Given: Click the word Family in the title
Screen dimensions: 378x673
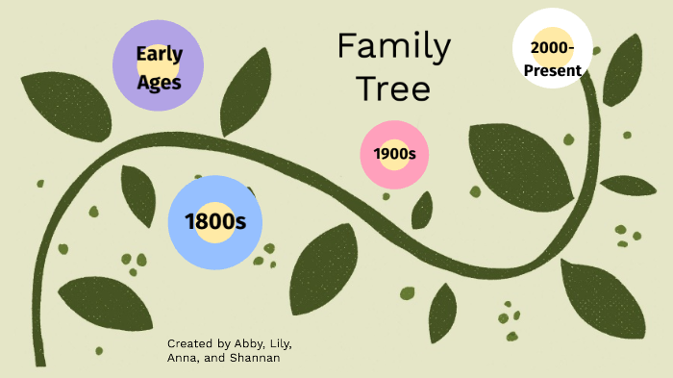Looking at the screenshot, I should tap(393, 46).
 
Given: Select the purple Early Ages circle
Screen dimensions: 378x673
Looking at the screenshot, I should tap(158, 65).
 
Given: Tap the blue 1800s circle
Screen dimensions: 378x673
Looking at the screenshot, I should tap(215, 222).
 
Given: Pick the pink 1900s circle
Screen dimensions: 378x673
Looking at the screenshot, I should tap(393, 154).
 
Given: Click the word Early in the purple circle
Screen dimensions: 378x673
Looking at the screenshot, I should tap(159, 54).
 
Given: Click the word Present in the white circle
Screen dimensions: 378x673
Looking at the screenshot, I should tap(552, 70).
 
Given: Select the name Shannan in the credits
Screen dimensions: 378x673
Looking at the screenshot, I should tap(256, 359).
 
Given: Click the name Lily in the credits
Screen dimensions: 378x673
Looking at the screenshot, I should tap(281, 343).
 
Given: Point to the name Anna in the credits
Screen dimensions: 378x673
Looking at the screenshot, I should tap(182, 359).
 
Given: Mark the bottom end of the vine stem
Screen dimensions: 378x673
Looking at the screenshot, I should tap(39, 362).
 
